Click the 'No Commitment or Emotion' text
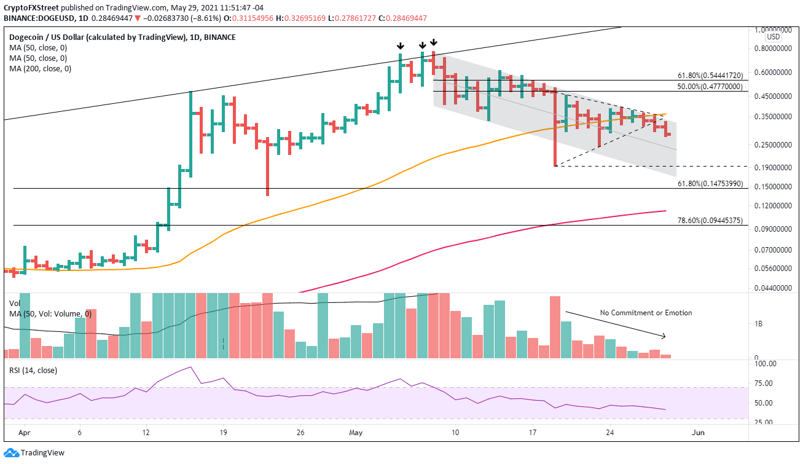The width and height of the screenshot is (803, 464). (646, 313)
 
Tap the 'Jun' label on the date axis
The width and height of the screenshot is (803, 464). (699, 433)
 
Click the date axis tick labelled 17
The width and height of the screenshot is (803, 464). (533, 433)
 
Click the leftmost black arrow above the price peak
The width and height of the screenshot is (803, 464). (401, 45)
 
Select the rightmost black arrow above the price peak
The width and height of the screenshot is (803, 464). (434, 42)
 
